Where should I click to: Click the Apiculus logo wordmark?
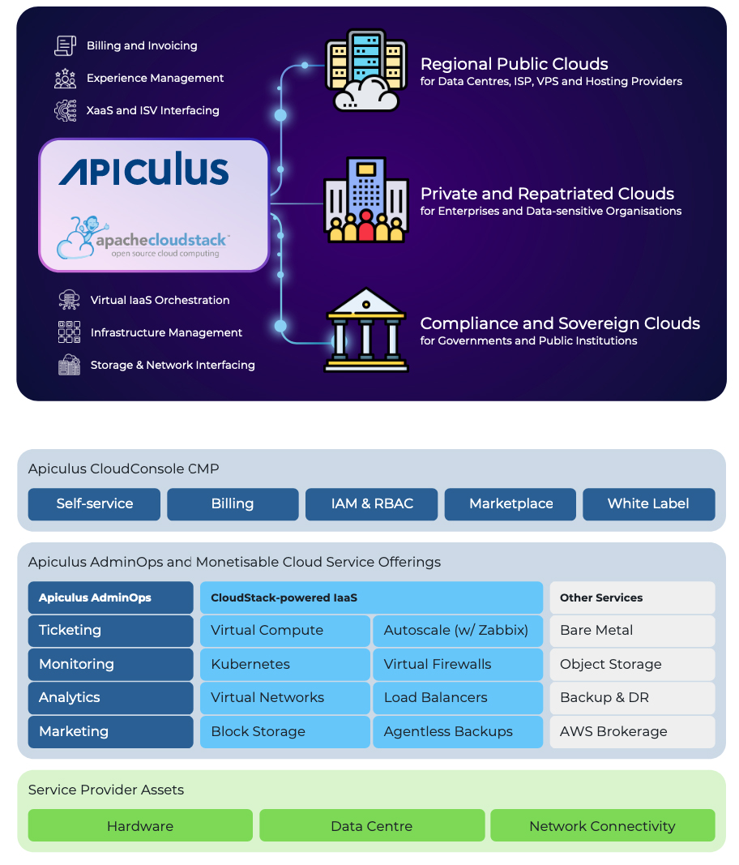point(143,170)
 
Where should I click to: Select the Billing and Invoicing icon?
point(65,45)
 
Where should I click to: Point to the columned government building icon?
point(365,330)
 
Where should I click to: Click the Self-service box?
point(95,503)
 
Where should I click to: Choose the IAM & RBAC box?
point(372,503)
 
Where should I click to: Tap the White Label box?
point(648,503)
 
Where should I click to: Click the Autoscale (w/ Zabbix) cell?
point(457,630)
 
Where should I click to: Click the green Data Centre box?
point(372,826)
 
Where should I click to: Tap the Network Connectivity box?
point(602,826)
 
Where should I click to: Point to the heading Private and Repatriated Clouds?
point(547,194)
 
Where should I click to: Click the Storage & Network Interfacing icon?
point(69,365)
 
